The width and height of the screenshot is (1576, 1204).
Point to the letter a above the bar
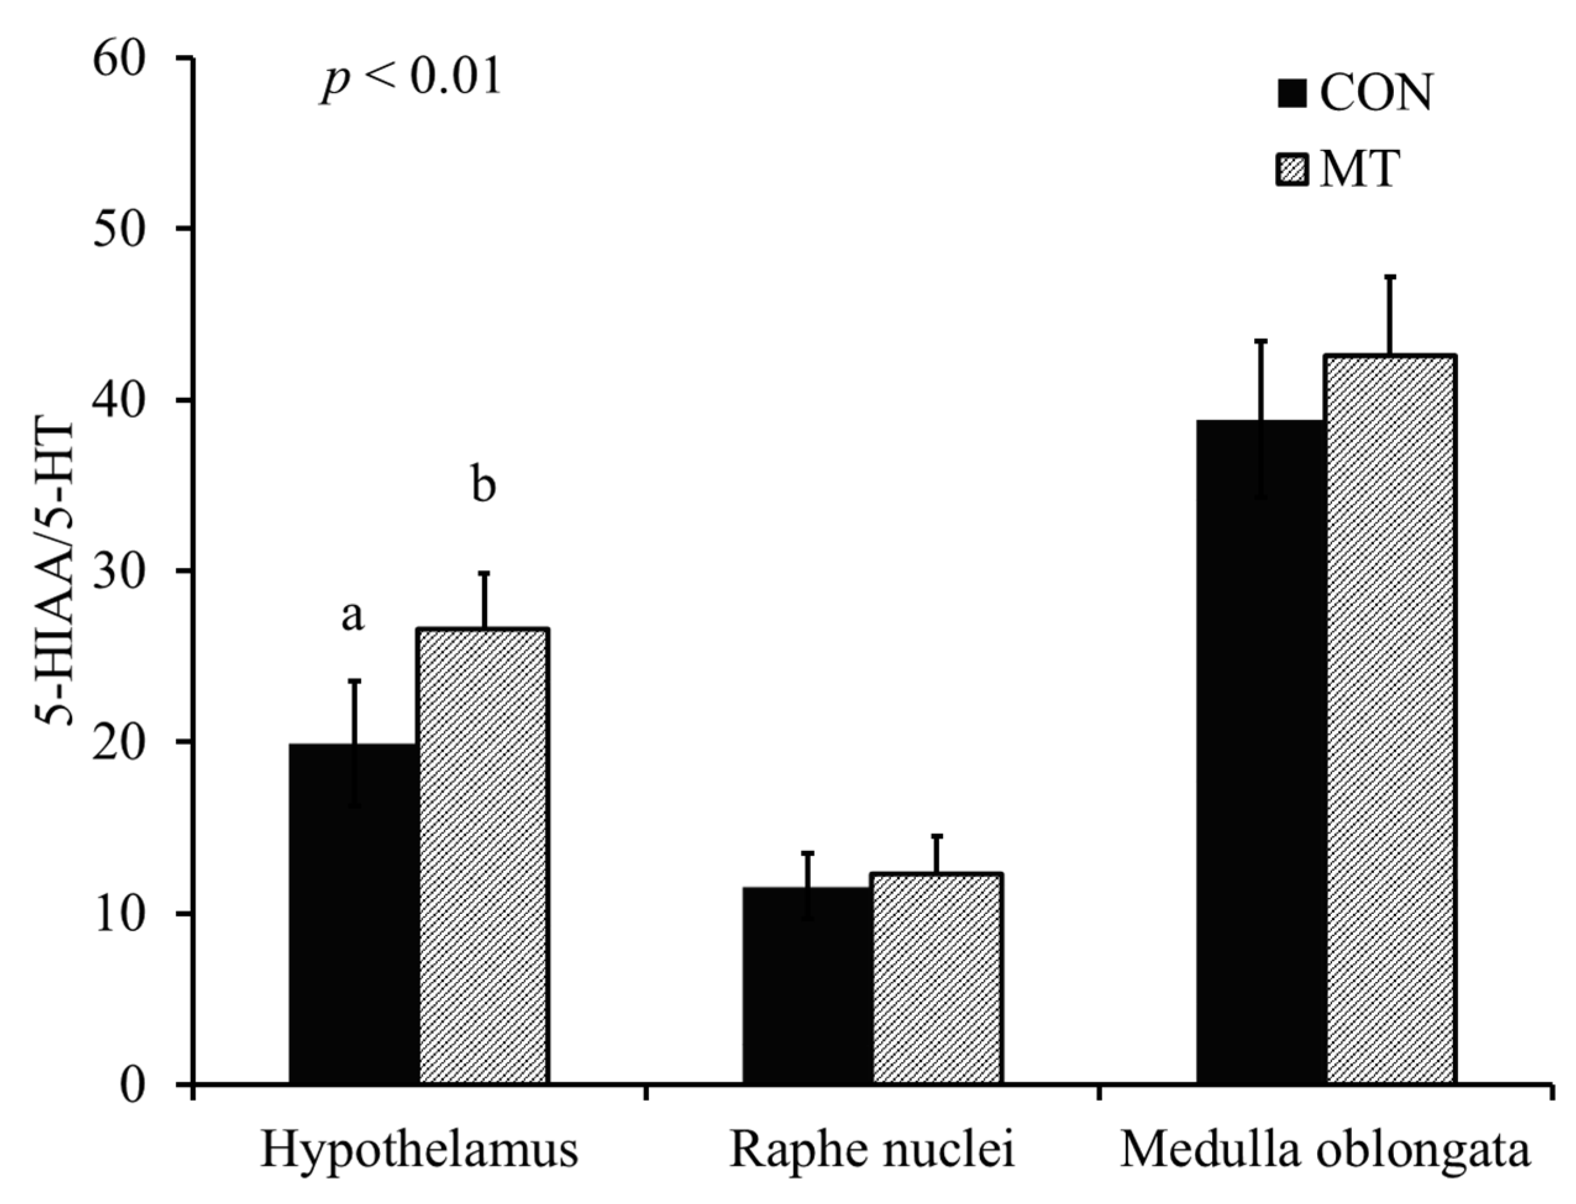tap(352, 617)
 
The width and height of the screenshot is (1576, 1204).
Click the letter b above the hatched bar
tap(484, 485)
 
